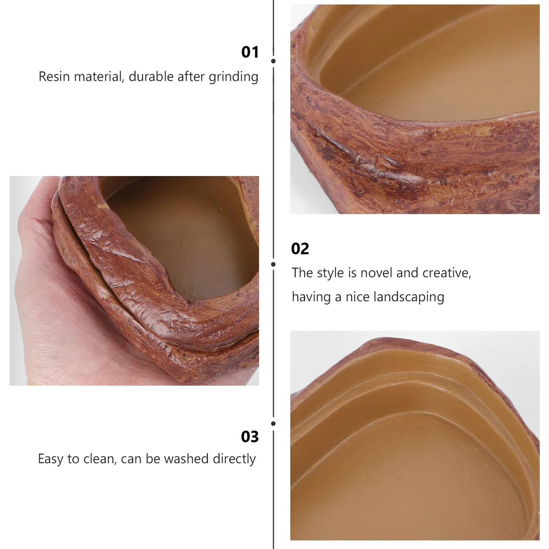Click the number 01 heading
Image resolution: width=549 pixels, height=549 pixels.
click(250, 52)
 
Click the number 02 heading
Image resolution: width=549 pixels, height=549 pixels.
click(300, 249)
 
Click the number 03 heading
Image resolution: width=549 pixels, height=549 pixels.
click(250, 437)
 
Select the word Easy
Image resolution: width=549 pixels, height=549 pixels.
click(51, 459)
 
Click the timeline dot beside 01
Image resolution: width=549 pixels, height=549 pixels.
click(273, 61)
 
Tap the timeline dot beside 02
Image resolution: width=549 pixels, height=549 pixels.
click(273, 264)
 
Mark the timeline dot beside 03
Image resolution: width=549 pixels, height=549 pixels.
click(273, 424)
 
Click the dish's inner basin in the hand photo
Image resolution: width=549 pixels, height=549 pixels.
click(185, 240)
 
